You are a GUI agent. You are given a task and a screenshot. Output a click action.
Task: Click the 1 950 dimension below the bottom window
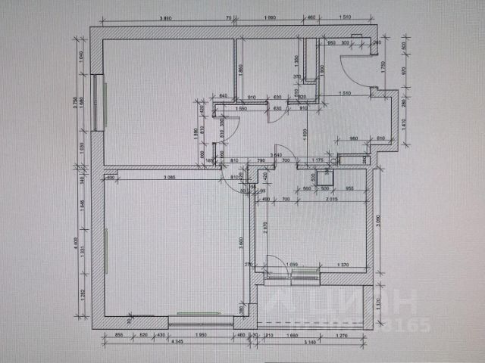tap(201, 334)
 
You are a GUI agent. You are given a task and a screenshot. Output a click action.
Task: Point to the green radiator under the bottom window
tap(199, 312)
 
